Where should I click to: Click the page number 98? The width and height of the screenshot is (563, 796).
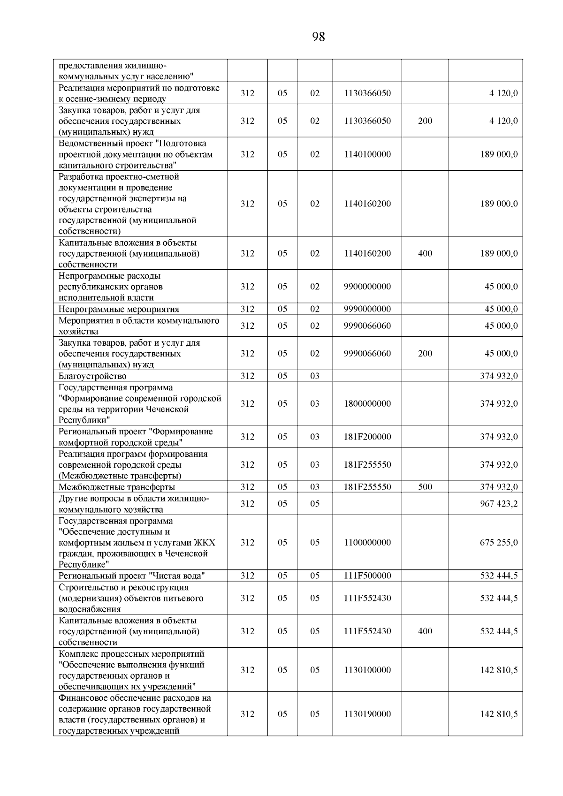[x=318, y=37]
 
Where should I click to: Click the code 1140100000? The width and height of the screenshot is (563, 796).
[x=367, y=154]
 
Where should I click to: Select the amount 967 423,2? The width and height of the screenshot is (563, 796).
[x=499, y=503]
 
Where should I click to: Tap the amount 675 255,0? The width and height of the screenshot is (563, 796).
[x=499, y=542]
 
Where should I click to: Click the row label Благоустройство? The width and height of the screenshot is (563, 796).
[x=92, y=376]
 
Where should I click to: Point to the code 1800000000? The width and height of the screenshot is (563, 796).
[x=367, y=403]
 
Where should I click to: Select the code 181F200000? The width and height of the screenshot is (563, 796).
[x=367, y=437]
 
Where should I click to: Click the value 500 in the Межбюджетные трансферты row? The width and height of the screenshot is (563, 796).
[x=425, y=487]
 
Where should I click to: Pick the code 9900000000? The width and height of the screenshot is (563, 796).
[x=367, y=287]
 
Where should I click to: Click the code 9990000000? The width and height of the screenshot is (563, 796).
[x=367, y=309]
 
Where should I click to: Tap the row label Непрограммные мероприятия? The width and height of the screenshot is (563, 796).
[x=119, y=309]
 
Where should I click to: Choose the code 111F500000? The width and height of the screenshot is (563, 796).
[x=367, y=576]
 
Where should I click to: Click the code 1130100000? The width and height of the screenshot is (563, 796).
[x=367, y=670]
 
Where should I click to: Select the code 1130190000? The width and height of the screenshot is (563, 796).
[x=367, y=714]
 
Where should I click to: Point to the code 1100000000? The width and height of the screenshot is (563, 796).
[x=367, y=542]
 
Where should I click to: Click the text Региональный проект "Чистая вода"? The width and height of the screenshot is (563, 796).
[x=132, y=576]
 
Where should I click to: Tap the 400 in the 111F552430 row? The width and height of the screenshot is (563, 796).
[x=425, y=631]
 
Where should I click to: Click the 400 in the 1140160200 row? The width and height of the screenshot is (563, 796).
[x=425, y=253]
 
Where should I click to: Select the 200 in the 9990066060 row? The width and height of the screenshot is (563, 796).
[x=425, y=353]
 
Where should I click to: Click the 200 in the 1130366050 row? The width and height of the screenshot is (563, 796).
[x=425, y=121]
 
